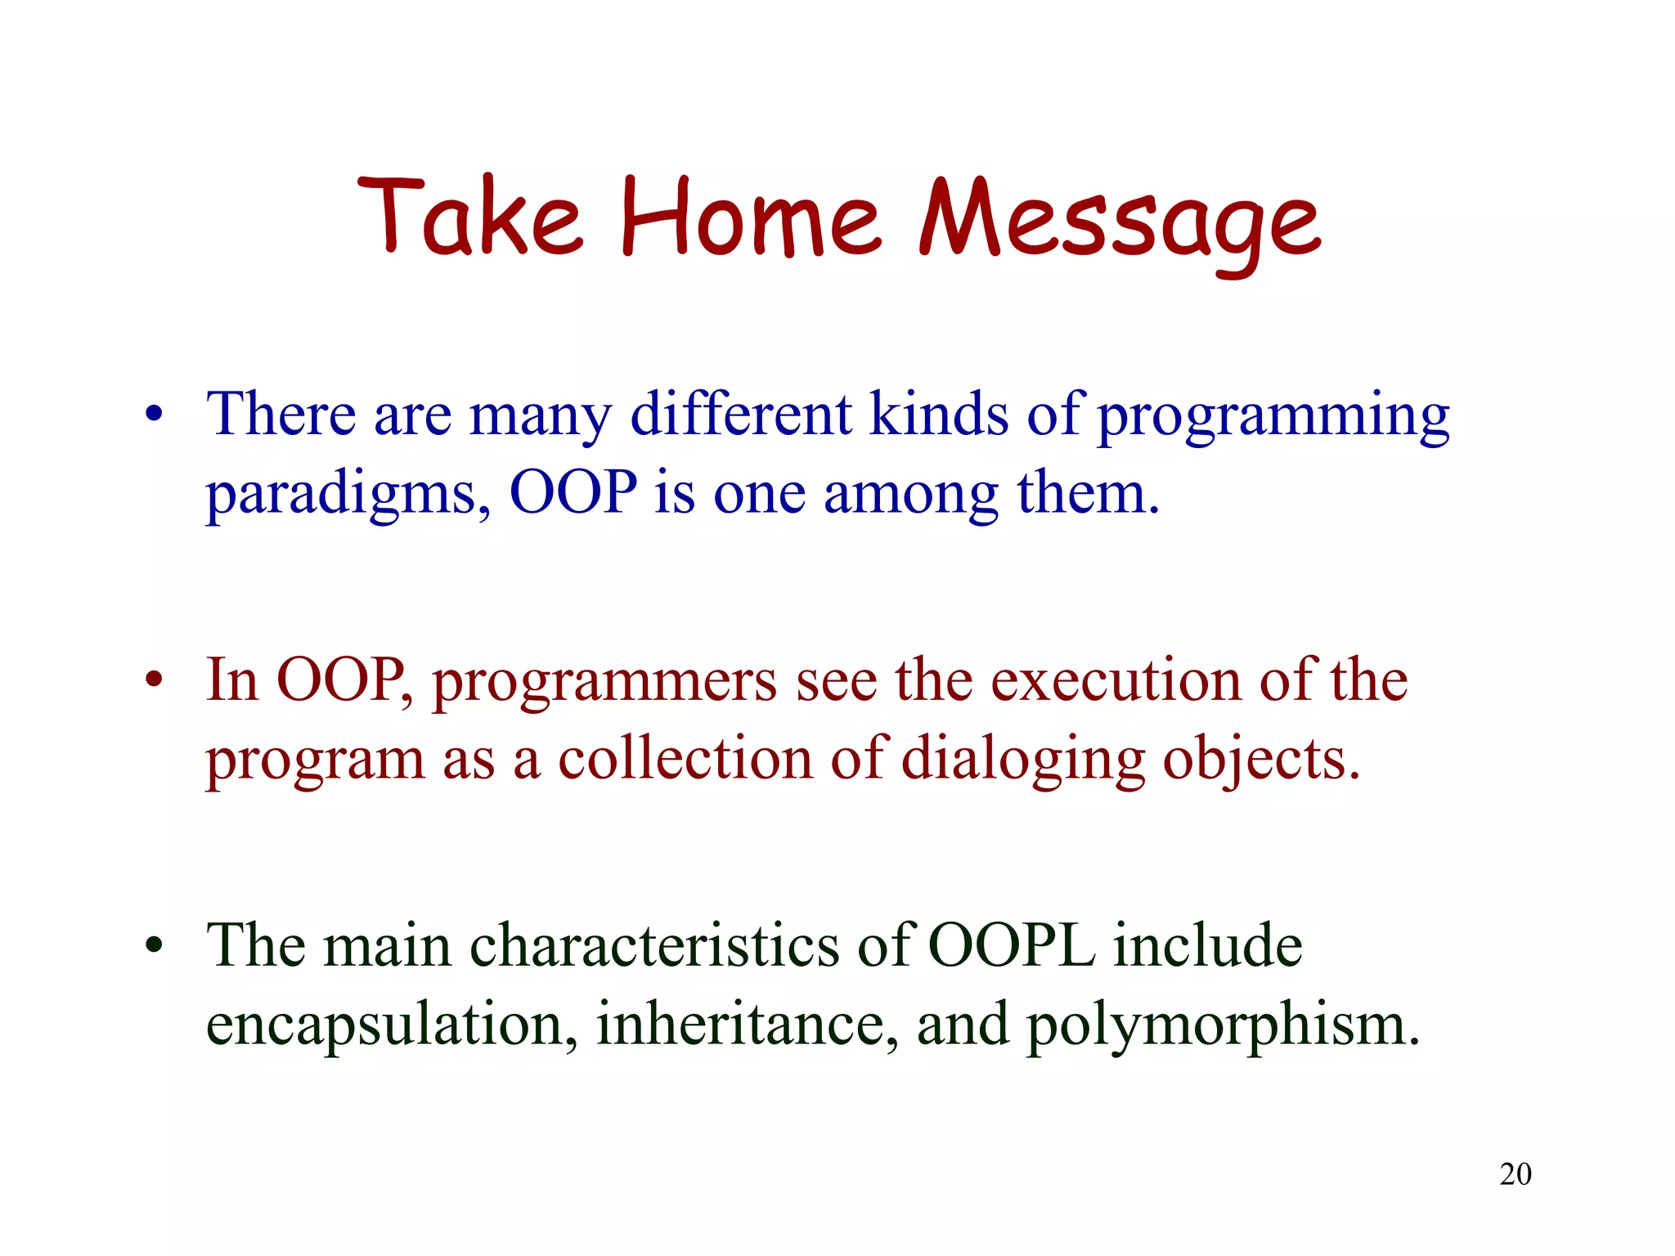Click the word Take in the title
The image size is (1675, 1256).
[x=469, y=217]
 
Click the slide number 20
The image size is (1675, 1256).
[x=1515, y=1174]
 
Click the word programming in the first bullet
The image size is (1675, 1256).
[x=1273, y=417]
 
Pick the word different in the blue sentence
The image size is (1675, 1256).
[x=741, y=414]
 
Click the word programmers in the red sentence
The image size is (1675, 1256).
[x=604, y=682]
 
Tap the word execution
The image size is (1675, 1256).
[x=1116, y=680]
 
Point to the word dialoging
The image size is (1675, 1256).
[x=1022, y=760]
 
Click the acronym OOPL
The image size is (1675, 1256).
[x=1012, y=945]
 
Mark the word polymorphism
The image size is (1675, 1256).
[x=1222, y=1027]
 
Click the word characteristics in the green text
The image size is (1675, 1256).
[x=654, y=945]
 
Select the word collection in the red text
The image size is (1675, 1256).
[x=685, y=759]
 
